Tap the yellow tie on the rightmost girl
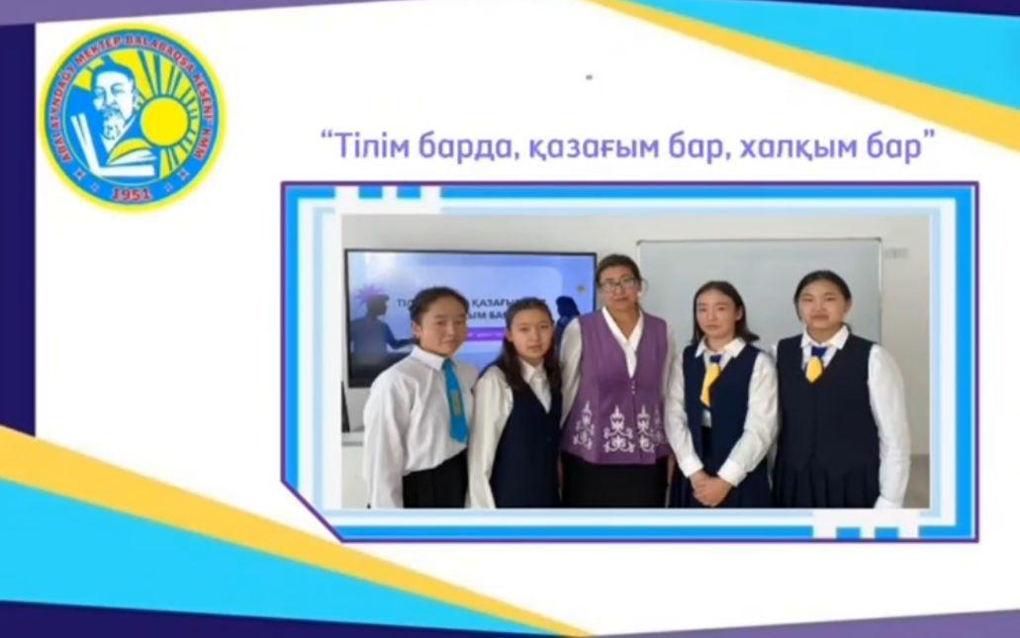click(x=815, y=365)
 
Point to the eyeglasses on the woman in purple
click(x=618, y=285)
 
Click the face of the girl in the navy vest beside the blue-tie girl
click(x=526, y=334)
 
